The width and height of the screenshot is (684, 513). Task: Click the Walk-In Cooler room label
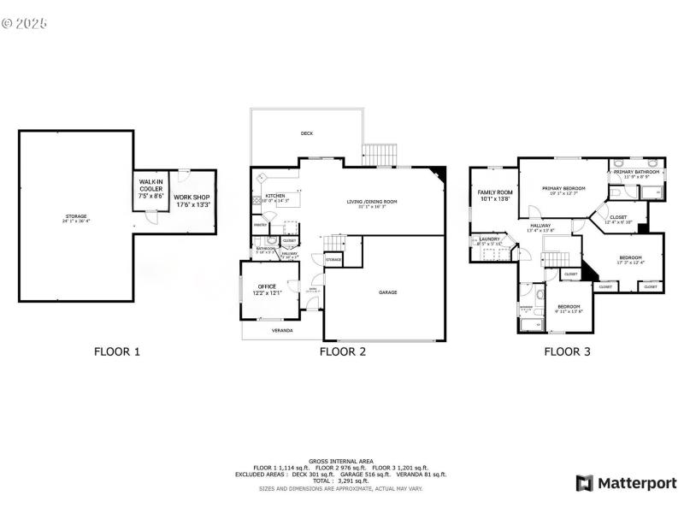tap(152, 189)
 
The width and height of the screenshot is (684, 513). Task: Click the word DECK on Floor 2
tap(306, 133)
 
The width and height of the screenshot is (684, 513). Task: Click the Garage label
tap(388, 292)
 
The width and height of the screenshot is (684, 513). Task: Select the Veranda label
tap(282, 330)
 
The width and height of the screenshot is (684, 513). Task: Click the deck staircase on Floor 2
tap(380, 155)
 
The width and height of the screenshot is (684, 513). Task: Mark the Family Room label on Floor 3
tap(495, 195)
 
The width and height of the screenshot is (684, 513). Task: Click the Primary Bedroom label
tap(563, 190)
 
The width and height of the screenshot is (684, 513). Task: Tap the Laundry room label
tap(490, 241)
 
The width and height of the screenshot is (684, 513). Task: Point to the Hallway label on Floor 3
tap(540, 227)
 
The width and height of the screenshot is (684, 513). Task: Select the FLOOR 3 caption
tap(567, 351)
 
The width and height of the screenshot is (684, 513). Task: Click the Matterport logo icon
tap(586, 483)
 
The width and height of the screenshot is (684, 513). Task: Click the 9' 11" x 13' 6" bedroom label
tap(569, 311)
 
